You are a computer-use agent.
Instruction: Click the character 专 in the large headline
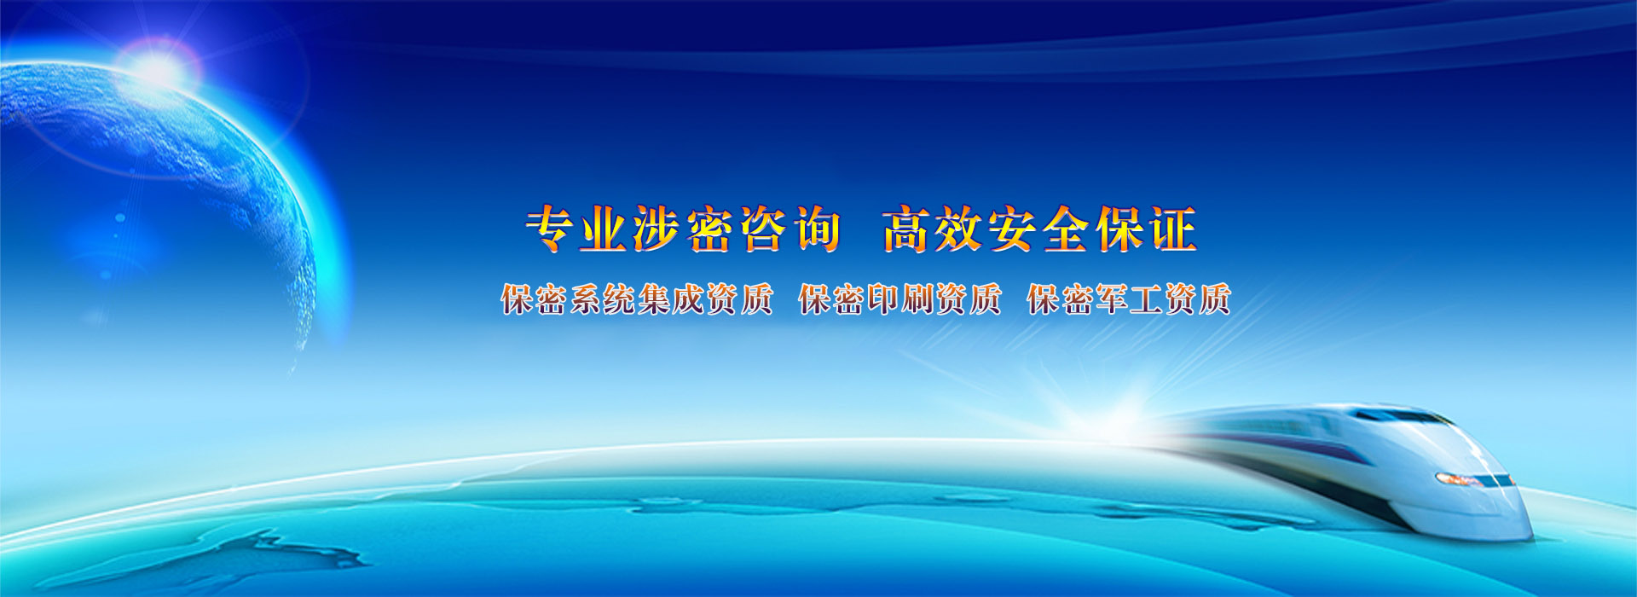tap(551, 229)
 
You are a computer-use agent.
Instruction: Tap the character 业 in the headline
tap(604, 229)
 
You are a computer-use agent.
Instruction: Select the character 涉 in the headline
tap(657, 229)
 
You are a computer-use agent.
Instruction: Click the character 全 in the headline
tap(1067, 229)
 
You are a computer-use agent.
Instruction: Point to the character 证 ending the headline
tap(1173, 229)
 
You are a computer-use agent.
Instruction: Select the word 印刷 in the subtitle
tap(900, 299)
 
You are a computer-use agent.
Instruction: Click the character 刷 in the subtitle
tap(917, 299)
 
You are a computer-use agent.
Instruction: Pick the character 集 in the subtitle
tap(653, 299)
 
